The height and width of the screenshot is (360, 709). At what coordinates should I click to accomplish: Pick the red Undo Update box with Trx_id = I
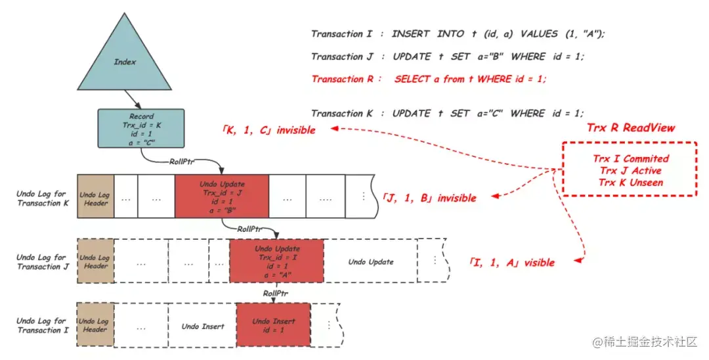tap(276, 261)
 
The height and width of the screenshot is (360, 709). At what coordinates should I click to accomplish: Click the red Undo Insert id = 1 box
tap(274, 326)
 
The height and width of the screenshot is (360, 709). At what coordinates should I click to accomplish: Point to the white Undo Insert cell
tap(203, 326)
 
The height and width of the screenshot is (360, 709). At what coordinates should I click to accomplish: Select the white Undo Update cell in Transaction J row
tap(371, 262)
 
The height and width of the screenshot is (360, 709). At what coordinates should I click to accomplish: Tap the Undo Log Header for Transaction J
tap(96, 261)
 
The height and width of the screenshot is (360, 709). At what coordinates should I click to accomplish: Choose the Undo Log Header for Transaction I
tap(96, 325)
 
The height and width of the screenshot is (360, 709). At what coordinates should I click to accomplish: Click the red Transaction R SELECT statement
tap(429, 79)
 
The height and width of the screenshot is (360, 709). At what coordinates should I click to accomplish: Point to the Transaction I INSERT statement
tap(458, 34)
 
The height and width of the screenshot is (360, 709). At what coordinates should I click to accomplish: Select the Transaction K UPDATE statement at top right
tap(447, 113)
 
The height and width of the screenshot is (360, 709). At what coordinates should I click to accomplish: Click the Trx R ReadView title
tap(630, 128)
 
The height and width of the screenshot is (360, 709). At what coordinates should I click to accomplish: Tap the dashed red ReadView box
tap(628, 169)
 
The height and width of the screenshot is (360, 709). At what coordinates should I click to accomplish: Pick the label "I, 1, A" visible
tap(511, 263)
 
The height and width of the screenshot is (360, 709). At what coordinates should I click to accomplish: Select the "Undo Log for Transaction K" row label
tap(41, 198)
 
